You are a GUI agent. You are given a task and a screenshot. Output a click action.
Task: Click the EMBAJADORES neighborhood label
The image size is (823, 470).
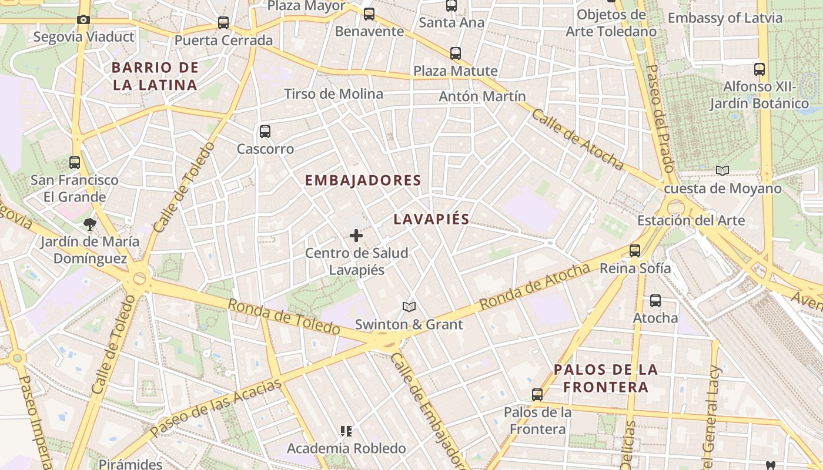point(363,180)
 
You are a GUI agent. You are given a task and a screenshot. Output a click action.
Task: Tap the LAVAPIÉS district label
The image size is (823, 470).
point(431,220)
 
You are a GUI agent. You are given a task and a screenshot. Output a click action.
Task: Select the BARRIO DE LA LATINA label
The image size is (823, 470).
point(155,76)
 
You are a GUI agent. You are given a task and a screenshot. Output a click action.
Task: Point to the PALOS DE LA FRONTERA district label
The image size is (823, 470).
point(605,378)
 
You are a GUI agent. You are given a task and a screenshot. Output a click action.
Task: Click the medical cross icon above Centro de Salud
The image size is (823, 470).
point(356,236)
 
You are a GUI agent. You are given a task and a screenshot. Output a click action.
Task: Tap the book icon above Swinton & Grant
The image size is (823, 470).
point(409,307)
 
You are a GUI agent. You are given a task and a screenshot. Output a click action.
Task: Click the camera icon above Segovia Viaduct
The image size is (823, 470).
point(83,19)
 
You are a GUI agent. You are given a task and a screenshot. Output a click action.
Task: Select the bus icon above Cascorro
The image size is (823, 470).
point(265,131)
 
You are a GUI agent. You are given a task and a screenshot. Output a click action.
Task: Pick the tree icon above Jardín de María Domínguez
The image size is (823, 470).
point(90,223)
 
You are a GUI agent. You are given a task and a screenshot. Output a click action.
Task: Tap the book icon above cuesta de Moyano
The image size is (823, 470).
point(722,170)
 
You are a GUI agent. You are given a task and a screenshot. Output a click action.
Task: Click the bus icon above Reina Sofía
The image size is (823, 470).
point(635,251)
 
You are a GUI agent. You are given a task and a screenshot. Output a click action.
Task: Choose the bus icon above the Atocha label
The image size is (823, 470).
point(655,301)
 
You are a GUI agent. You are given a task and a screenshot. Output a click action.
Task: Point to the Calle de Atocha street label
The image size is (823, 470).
point(577,139)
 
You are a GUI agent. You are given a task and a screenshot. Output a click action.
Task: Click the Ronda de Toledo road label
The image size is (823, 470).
point(284,317)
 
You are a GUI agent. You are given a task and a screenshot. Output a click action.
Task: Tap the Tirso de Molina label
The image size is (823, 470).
point(333,94)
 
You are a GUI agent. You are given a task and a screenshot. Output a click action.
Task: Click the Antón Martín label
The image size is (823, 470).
point(482,96)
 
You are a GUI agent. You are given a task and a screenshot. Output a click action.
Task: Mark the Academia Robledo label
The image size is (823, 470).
point(346,448)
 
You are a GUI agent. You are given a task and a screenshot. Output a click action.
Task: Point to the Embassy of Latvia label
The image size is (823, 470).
point(725,18)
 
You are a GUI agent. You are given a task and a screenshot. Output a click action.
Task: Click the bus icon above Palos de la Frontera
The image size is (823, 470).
point(537,395)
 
